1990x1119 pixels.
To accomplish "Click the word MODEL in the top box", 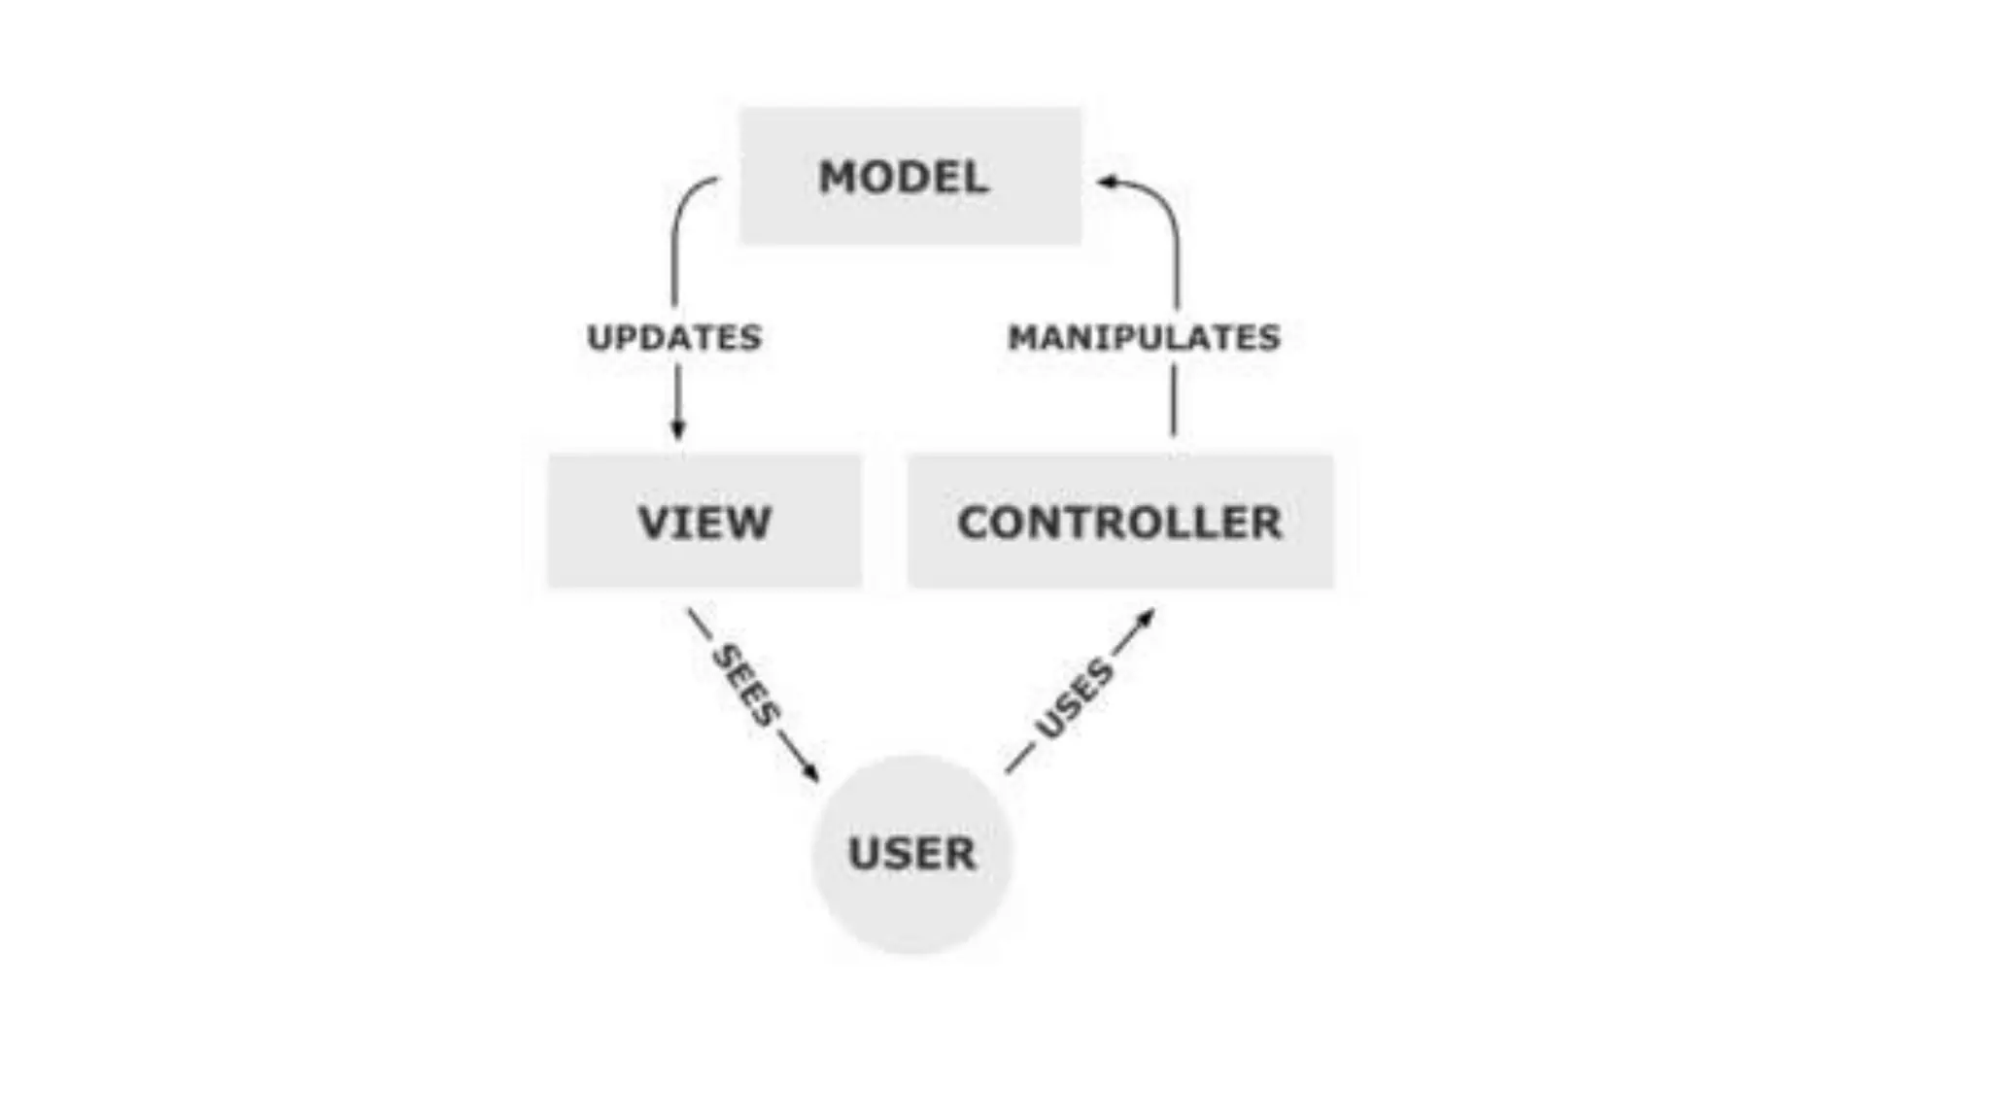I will (x=904, y=177).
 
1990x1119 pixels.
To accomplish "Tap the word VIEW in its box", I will (x=704, y=523).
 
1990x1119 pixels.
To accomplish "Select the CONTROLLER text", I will (x=1119, y=523).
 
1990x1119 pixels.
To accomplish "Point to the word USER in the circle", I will (x=911, y=854).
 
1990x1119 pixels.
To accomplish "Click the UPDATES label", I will (x=674, y=337).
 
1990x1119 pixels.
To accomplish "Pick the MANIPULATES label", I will (x=1144, y=337).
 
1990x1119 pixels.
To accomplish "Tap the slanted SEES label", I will (x=745, y=685).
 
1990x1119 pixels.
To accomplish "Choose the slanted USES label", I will (x=1074, y=697).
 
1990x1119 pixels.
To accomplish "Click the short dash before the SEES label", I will (x=700, y=624).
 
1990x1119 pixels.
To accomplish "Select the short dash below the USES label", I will (x=1019, y=758).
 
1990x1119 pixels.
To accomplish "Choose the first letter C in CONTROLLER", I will (x=975, y=523).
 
